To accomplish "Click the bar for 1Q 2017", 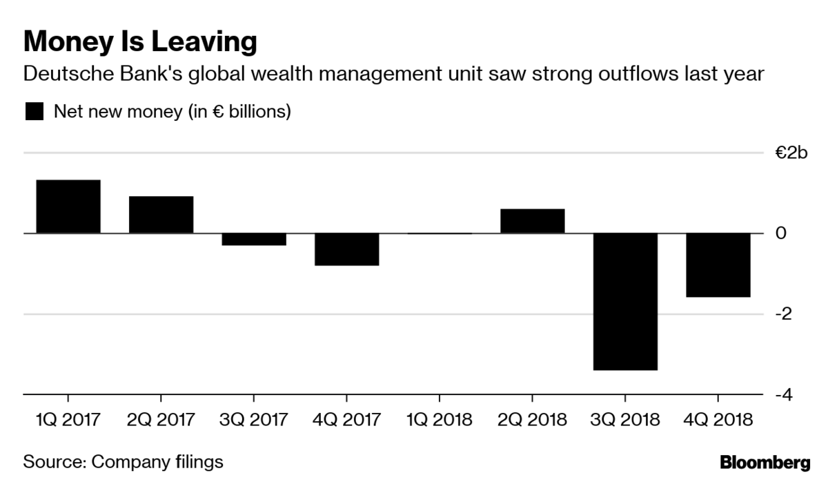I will click(68, 206).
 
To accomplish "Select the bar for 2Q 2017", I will click(161, 215).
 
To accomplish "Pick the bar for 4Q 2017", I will click(346, 249).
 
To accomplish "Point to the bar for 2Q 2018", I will click(532, 221).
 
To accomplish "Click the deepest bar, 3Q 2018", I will click(625, 302).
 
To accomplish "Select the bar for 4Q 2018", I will click(718, 265).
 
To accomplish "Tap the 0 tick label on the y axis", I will click(780, 234).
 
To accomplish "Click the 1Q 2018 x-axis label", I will click(440, 419).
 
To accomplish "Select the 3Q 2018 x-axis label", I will click(625, 419).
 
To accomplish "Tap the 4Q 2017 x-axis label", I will click(346, 419).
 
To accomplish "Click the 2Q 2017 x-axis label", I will click(161, 419).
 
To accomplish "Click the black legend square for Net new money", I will click(34, 112).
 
